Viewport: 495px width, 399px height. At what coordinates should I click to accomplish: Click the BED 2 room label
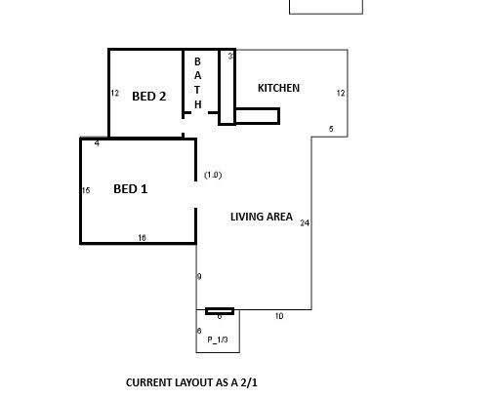point(149,97)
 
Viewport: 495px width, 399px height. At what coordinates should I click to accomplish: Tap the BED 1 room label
point(131,189)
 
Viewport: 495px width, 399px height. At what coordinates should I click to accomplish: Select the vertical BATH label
point(197,83)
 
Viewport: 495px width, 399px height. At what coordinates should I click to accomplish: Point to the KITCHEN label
point(278,88)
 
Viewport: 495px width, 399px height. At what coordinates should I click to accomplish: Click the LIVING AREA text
point(262,217)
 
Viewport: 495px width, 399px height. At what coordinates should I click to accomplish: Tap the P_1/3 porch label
point(218,339)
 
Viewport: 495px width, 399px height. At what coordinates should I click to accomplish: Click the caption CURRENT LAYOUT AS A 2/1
point(191,382)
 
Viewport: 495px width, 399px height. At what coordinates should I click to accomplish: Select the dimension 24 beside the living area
point(305,223)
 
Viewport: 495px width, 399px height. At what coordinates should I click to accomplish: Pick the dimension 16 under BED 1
point(142,238)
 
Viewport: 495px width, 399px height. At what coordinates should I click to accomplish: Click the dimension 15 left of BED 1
point(86,190)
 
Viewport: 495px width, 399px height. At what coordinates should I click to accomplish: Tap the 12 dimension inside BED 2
point(115,94)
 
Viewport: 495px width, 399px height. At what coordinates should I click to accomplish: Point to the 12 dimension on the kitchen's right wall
point(341,94)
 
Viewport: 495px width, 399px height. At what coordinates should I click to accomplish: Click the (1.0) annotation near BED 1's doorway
point(213,175)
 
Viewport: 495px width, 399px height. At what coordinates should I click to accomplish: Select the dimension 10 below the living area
point(279,316)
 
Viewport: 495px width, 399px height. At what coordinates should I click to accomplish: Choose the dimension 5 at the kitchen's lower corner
point(331,129)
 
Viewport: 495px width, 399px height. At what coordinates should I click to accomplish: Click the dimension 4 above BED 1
point(97,143)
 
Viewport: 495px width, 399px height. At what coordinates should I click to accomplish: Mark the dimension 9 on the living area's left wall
point(199,277)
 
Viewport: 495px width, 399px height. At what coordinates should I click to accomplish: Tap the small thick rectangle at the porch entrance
point(220,311)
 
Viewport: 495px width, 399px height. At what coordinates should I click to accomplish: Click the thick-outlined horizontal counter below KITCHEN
point(257,116)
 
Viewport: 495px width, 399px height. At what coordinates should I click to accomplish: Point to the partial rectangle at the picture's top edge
point(326,14)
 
